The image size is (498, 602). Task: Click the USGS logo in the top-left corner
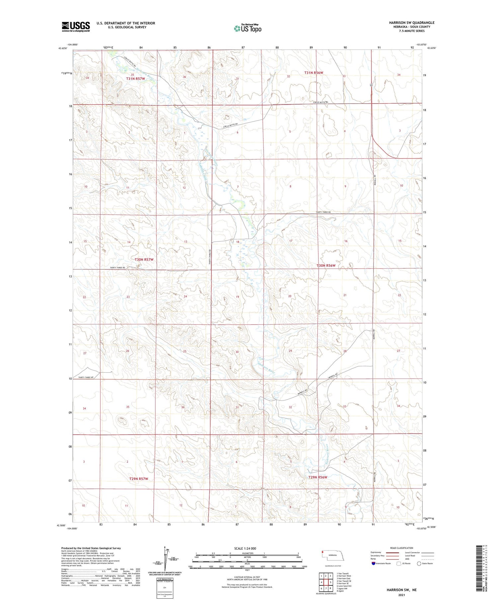click(x=76, y=27)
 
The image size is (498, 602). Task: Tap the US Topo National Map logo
click(x=248, y=29)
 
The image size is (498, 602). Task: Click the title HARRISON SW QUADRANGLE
click(x=412, y=23)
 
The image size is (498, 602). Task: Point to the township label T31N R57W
click(x=135, y=79)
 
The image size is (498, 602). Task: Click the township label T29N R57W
click(x=138, y=479)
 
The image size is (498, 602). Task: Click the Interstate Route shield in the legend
click(x=373, y=563)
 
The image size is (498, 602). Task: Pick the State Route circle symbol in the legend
click(x=419, y=563)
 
